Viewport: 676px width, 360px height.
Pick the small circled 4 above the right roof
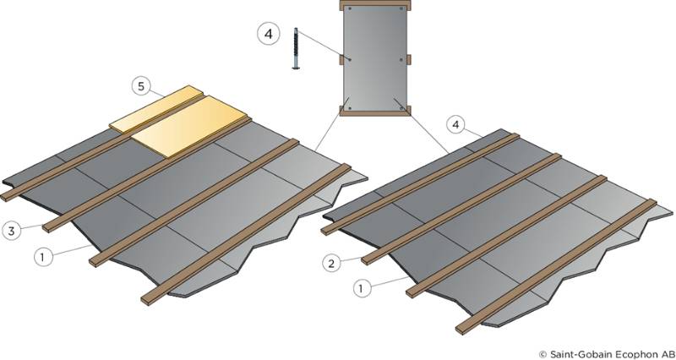456,125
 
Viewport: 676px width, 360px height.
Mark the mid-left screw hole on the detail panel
349,58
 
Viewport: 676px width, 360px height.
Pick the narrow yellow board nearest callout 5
156,106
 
